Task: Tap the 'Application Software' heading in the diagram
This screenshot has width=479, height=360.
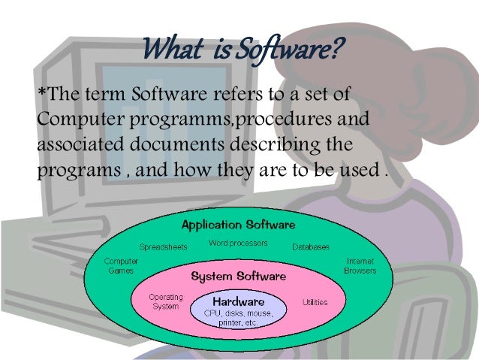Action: pyautogui.click(x=238, y=225)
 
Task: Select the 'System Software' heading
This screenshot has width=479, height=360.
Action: pyautogui.click(x=238, y=276)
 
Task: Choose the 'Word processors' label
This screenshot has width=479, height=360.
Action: pyautogui.click(x=238, y=244)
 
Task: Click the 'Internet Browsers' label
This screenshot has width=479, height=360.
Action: pyautogui.click(x=360, y=265)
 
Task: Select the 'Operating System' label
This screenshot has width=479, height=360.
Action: pyautogui.click(x=166, y=301)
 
